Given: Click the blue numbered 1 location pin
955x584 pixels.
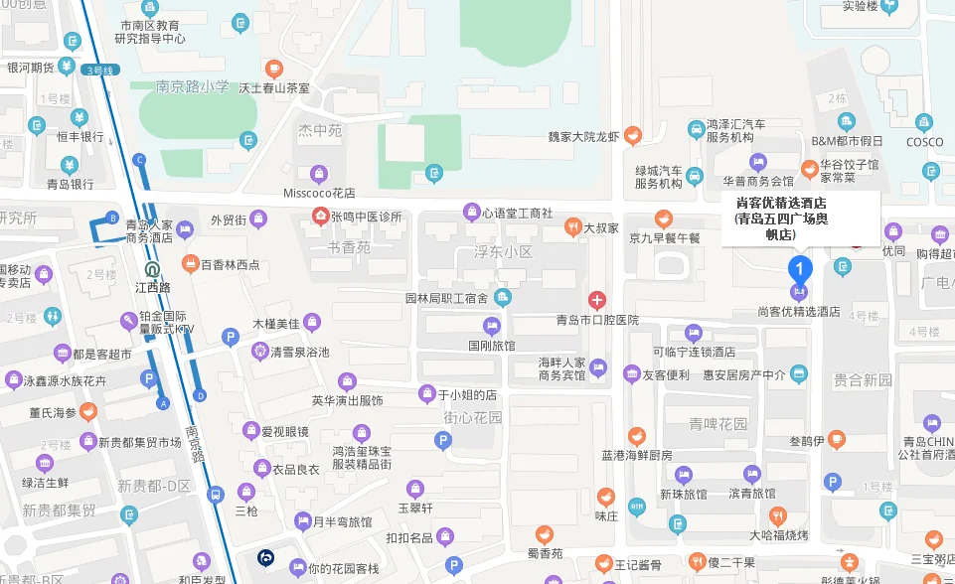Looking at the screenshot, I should point(800,267).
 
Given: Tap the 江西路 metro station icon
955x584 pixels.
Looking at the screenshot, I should point(152,268).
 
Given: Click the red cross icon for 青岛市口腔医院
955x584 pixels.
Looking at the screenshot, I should point(597,300).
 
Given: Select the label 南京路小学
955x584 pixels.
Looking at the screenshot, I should point(193,86).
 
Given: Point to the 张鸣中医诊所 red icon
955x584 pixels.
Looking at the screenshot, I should point(320,217).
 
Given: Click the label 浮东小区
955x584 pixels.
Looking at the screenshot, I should point(502,252).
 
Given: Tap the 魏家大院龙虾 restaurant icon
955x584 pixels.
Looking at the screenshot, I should point(633,135).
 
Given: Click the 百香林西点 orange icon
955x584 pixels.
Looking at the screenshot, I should point(191,264).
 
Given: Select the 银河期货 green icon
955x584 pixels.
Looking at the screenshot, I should point(67,68).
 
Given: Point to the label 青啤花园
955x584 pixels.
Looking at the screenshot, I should point(718,424).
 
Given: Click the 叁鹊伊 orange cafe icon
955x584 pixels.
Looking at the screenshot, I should point(837,439).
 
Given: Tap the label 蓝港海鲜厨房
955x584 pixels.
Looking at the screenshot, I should point(637,455).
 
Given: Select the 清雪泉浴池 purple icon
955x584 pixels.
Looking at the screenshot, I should point(260,351).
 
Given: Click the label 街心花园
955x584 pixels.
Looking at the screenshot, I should point(473,417).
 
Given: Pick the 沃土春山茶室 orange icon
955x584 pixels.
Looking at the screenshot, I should point(274,69).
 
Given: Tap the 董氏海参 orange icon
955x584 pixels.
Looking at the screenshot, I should point(88,410).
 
